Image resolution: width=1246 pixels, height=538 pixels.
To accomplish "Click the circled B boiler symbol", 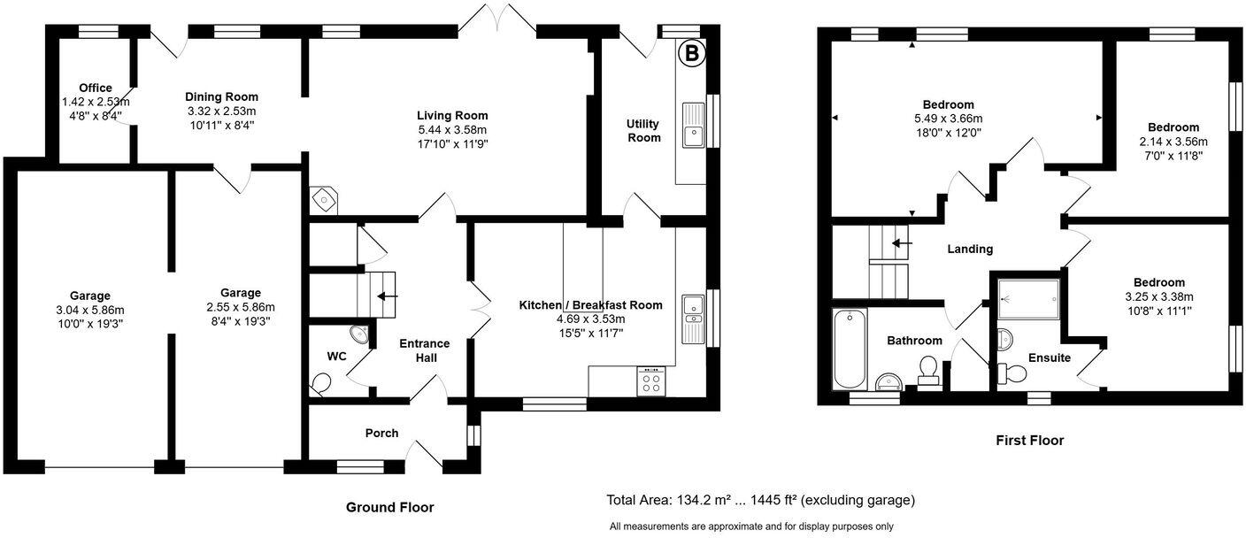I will point(692,54).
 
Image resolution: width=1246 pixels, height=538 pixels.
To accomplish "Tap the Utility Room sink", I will point(693,125).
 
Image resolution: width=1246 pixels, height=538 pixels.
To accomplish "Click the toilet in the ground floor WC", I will point(321,383).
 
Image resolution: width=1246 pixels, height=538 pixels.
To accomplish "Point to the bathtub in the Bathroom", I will point(850,348).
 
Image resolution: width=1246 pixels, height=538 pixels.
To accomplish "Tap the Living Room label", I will point(452,115).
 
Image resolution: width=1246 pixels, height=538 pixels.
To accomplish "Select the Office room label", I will point(95,88).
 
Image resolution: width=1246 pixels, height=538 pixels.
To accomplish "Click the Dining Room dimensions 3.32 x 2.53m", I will point(221,111).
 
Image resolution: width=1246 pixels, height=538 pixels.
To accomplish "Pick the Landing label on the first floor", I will point(970,250).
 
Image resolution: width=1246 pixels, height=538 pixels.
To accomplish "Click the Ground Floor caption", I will point(389,507).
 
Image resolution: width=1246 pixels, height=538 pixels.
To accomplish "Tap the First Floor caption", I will point(1029,440).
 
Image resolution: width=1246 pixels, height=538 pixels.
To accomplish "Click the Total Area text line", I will point(760,500).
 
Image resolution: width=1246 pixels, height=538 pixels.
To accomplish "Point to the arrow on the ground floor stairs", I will point(388,296).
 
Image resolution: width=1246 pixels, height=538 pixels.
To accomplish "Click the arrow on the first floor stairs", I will point(901,242).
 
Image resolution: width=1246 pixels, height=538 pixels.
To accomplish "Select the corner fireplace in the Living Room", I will point(324,200).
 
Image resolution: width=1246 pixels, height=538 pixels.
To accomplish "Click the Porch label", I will point(381,433).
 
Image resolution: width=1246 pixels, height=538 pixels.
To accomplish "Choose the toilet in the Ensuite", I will point(1009,373).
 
